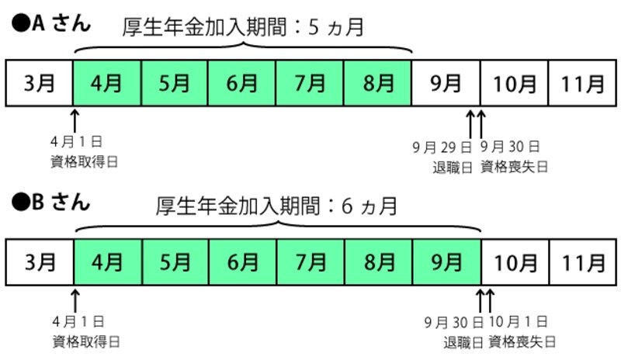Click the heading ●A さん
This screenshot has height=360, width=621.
pos(51,23)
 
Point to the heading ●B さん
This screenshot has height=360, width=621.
pos(51,203)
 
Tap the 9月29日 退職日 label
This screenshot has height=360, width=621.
pos(442,156)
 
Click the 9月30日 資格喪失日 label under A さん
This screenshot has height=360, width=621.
pos(514,156)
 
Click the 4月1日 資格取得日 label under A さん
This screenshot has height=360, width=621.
pos(76,152)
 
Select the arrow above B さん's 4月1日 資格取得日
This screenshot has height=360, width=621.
pos(75,299)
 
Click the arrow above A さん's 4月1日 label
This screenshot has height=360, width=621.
pos(75,120)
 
